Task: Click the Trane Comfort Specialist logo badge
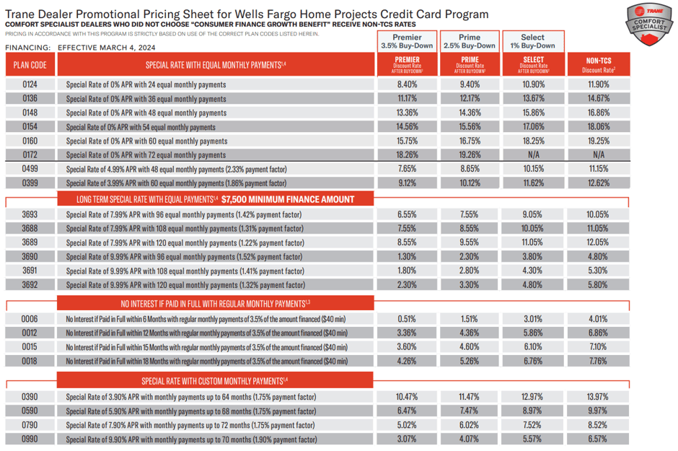click(648, 26)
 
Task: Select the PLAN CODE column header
click(30, 66)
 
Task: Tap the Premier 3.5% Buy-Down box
click(408, 41)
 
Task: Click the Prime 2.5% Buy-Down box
click(470, 41)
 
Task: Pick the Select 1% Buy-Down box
click(533, 41)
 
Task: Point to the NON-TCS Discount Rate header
click(599, 66)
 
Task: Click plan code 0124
click(30, 84)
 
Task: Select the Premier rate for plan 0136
click(408, 99)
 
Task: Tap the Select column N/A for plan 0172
click(533, 155)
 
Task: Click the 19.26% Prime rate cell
click(470, 155)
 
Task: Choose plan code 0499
click(30, 169)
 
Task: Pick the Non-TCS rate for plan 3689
click(598, 242)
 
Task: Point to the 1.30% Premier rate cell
click(408, 257)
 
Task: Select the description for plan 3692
click(184, 285)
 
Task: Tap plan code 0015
click(30, 347)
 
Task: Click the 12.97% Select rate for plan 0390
click(533, 397)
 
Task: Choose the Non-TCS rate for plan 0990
click(598, 439)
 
